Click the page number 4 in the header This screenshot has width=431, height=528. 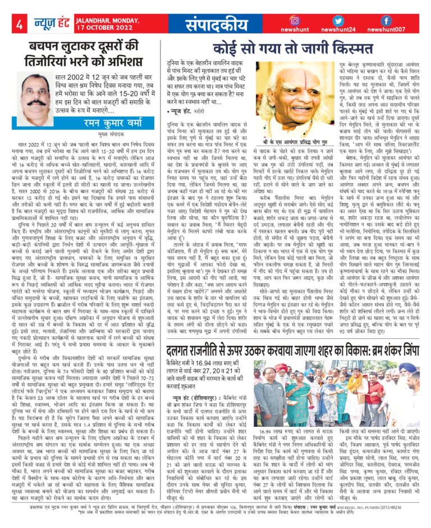point(19,24)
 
